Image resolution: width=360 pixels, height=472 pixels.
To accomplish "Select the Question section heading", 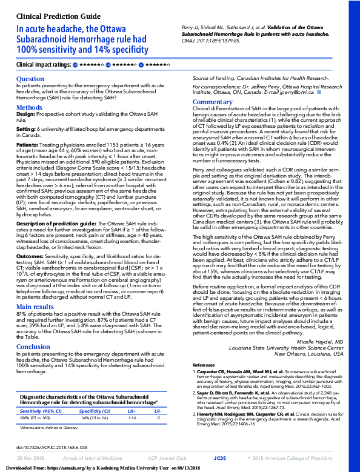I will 30,79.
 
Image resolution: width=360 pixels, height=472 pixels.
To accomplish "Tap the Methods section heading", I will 29,107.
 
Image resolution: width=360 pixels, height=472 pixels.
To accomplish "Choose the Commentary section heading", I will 212,102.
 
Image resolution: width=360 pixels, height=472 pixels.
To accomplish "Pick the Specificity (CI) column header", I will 96,393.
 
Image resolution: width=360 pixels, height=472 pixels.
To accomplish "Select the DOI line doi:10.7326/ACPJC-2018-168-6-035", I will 52,447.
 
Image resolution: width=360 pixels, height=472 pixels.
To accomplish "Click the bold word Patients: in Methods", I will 27,145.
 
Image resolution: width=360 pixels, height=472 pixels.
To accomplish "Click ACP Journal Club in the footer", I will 165,457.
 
